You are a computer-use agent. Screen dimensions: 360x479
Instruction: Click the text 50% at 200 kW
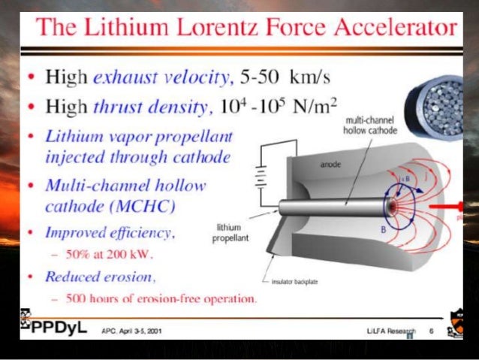(x=120, y=253)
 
